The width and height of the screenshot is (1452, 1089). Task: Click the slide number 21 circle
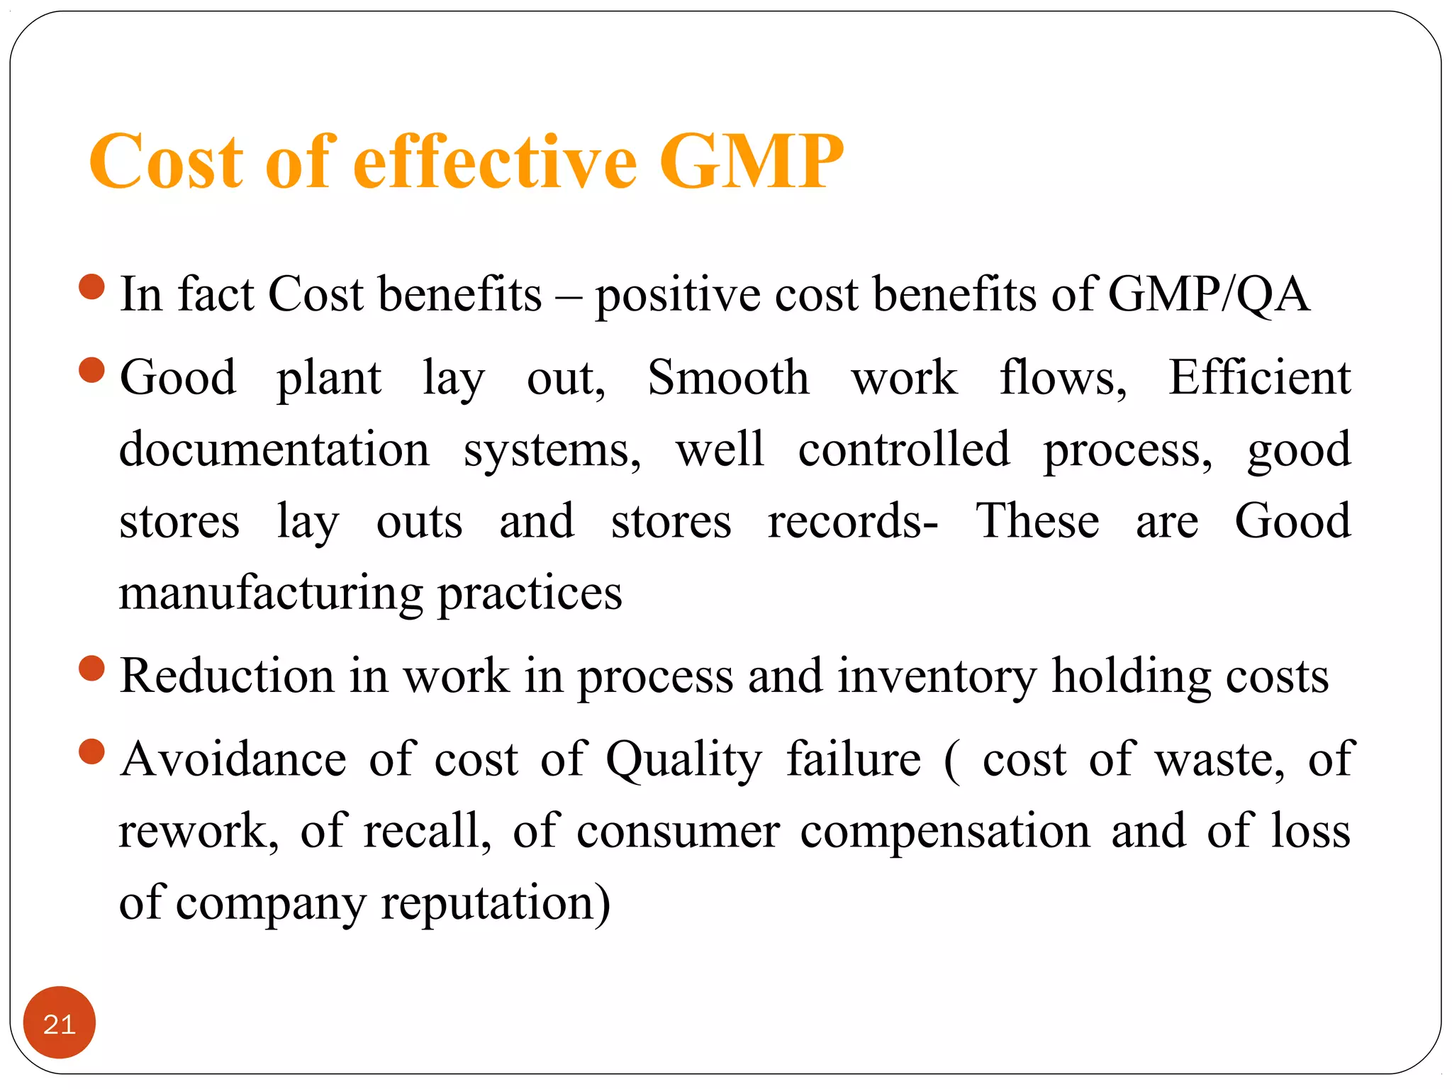coord(60,1023)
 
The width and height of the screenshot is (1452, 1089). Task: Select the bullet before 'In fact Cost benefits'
coord(92,288)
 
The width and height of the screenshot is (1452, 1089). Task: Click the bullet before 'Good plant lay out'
coord(92,370)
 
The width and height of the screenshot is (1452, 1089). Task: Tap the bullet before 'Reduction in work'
coord(92,669)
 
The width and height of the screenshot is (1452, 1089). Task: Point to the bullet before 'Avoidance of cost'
coord(92,752)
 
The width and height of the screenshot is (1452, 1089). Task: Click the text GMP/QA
coord(1208,294)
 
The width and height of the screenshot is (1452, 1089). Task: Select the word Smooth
coord(728,377)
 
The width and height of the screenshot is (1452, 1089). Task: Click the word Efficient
coord(1259,377)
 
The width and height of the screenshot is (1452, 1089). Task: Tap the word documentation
coord(274,449)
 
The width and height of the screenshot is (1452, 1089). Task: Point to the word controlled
coord(904,449)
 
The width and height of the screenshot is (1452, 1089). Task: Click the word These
coord(1037,521)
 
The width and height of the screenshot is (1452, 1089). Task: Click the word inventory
coord(937,676)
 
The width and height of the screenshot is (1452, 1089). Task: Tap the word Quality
coord(684,759)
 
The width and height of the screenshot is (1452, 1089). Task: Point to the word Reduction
coord(227,676)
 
